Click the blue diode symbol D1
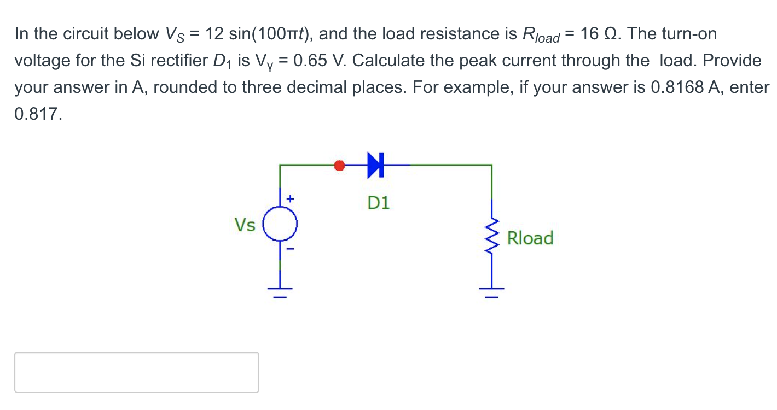click(x=375, y=165)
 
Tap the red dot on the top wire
click(x=339, y=165)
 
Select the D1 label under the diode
click(x=378, y=203)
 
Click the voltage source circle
click(x=280, y=225)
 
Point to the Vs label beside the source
click(x=245, y=225)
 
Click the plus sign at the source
click(x=291, y=200)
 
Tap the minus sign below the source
click(x=291, y=249)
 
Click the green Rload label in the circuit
click(x=530, y=238)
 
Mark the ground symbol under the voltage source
click(x=280, y=291)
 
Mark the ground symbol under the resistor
click(x=491, y=291)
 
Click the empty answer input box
click(x=137, y=372)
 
